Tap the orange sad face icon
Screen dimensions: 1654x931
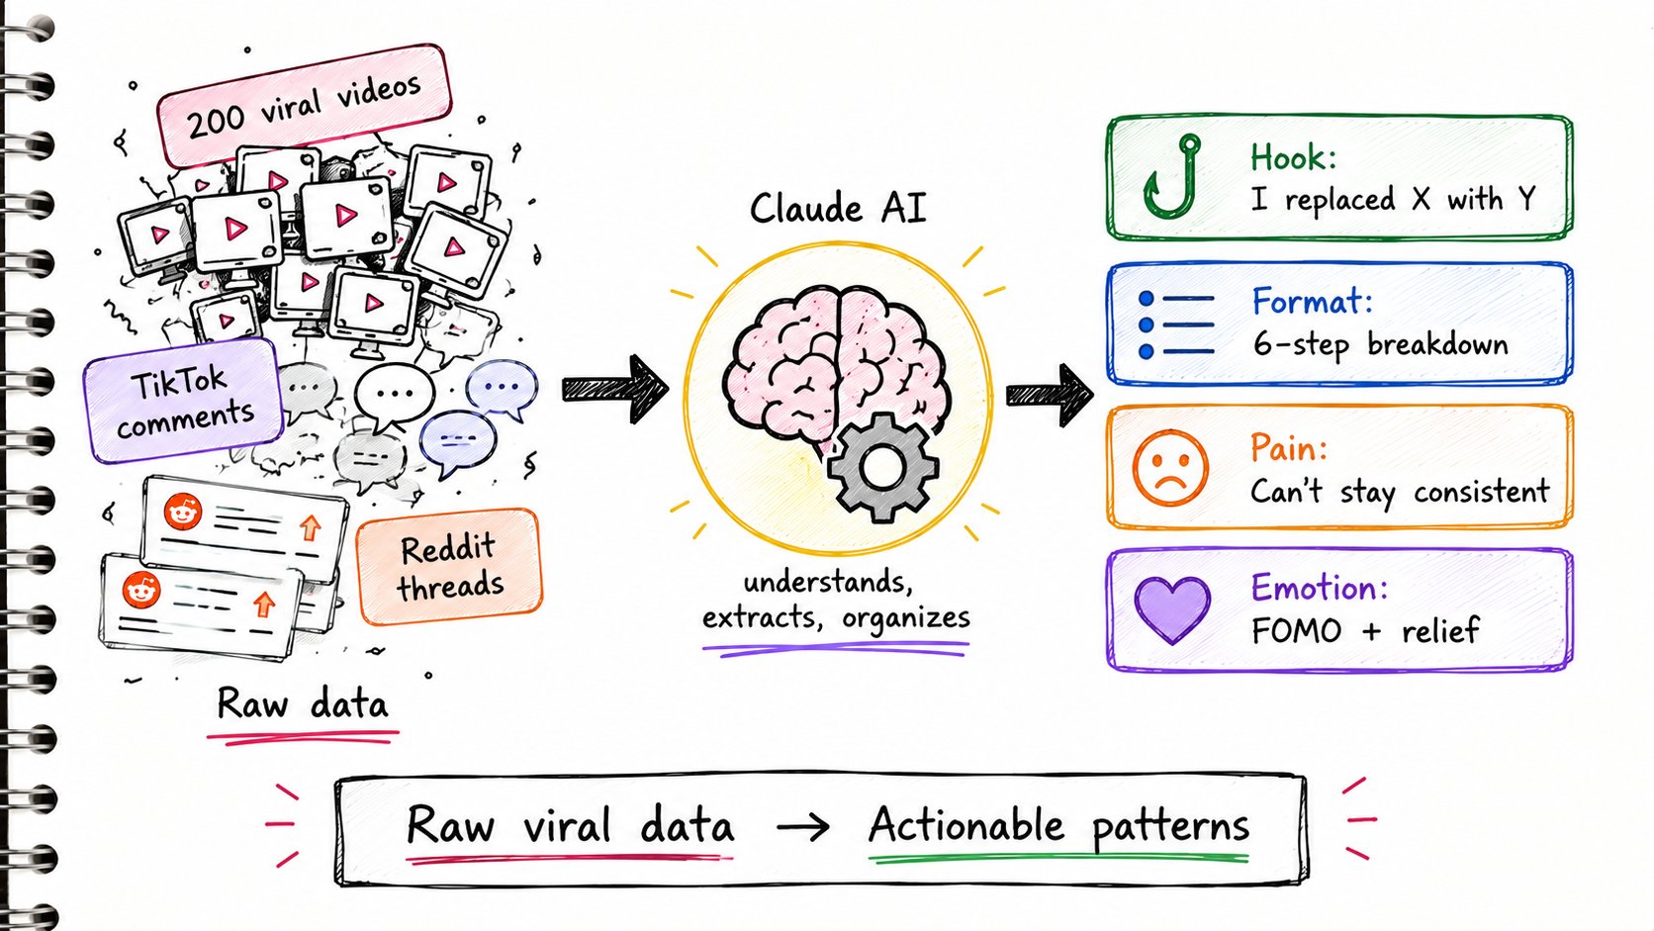(1170, 468)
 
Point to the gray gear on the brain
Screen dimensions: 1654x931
(882, 468)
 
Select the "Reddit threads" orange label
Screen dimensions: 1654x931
(450, 567)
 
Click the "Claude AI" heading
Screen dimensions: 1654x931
(838, 208)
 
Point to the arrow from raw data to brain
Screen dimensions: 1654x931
(614, 389)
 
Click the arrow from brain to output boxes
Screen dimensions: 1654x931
(1050, 395)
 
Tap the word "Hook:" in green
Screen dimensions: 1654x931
(1293, 157)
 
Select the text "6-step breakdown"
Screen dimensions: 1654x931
(1380, 344)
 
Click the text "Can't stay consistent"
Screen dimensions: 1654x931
(1400, 492)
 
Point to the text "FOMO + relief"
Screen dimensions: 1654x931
(1365, 630)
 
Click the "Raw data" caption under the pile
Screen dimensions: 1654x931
(302, 702)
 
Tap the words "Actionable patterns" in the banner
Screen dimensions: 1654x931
(1058, 826)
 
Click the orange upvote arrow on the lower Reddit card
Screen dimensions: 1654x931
(263, 604)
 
